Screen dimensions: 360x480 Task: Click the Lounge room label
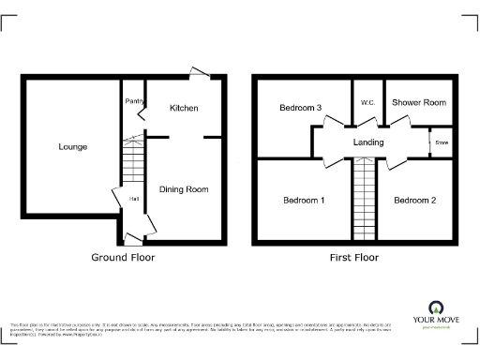point(72,147)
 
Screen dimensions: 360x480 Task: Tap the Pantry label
point(132,100)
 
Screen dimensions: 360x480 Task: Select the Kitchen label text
point(184,109)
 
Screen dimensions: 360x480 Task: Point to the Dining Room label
point(184,189)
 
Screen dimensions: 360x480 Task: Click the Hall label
point(134,199)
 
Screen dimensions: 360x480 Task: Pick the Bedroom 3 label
point(301,109)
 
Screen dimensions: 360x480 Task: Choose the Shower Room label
point(418,101)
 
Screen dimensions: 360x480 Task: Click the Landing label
point(367,142)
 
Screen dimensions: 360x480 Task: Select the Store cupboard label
point(441,142)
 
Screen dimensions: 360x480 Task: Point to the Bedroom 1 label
point(304,201)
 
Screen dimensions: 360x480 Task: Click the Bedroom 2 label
point(415,201)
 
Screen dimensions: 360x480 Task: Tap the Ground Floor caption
point(123,257)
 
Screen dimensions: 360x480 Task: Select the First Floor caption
point(352,257)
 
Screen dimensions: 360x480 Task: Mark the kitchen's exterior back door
point(200,72)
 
